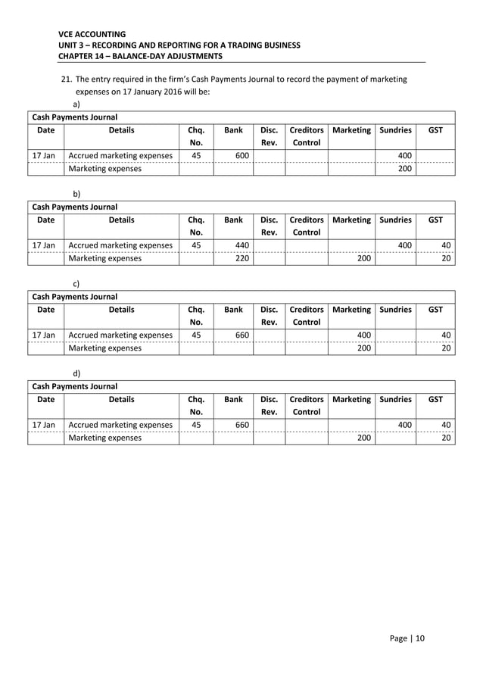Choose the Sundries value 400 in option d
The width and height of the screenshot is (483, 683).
coord(406,426)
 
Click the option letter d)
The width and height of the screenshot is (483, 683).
coord(76,373)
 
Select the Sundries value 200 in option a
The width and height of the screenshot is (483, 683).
coord(406,169)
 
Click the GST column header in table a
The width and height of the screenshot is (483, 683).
coord(436,130)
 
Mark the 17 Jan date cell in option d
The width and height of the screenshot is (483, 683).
coord(45,426)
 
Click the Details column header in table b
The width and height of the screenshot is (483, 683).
coord(121,220)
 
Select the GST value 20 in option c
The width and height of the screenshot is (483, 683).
coord(447,348)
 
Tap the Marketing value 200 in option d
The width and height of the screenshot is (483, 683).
coord(363,438)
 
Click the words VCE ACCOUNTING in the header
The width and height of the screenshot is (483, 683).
coord(92,34)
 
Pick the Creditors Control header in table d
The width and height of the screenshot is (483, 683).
coord(306,405)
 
